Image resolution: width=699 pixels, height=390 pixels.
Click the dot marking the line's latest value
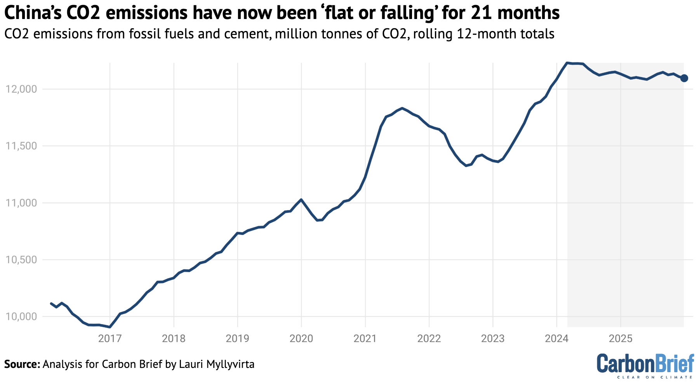tap(684, 78)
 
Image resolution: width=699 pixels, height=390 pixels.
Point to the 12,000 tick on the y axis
tap(21, 89)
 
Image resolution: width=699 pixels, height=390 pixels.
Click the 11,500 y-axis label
tap(21, 146)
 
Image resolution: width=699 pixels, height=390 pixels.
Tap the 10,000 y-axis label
tap(21, 317)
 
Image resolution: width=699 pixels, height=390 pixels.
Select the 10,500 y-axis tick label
tap(21, 260)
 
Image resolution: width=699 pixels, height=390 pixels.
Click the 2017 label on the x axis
tap(110, 338)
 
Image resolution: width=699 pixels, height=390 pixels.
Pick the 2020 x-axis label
tap(301, 338)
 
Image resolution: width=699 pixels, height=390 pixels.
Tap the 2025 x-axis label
tap(621, 338)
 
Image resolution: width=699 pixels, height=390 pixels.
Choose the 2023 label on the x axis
tap(493, 338)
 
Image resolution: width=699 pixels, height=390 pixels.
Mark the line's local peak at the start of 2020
tap(301, 200)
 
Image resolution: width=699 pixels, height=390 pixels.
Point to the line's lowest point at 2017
tap(110, 327)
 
